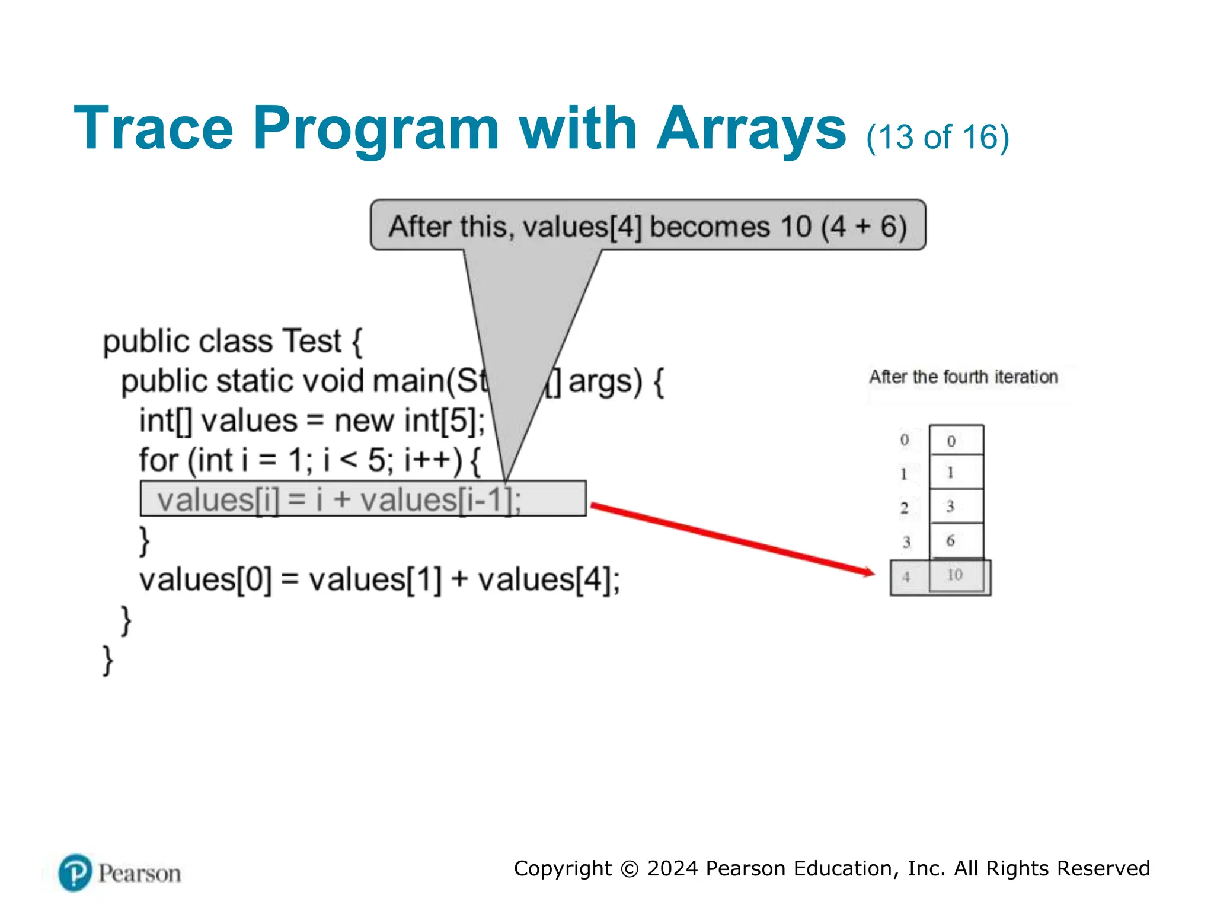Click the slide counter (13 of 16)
tap(937, 138)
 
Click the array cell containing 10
tap(955, 575)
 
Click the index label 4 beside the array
tap(906, 576)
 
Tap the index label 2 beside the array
tap(905, 508)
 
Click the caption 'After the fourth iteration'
tap(963, 377)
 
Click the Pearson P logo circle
tap(75, 872)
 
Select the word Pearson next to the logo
tap(140, 874)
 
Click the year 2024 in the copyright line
tap(672, 868)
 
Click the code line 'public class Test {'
tap(232, 341)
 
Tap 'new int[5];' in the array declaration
tap(410, 421)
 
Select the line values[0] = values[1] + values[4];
tap(379, 579)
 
